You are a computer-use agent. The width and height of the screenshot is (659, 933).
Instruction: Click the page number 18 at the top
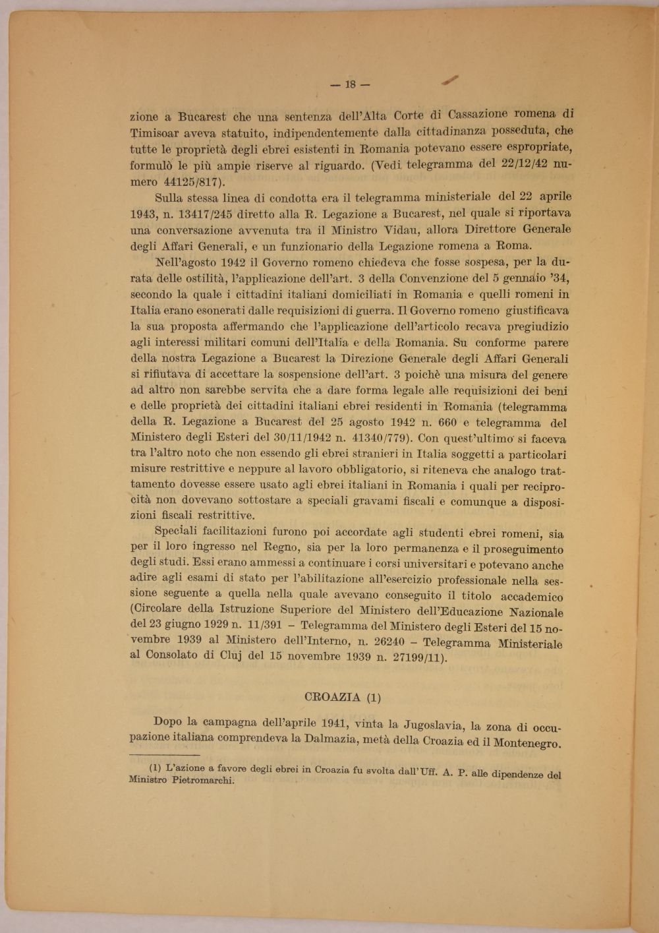tap(349, 84)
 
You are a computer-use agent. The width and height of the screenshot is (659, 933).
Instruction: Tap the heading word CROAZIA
tap(333, 697)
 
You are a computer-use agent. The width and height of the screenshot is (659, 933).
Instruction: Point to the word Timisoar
tap(156, 133)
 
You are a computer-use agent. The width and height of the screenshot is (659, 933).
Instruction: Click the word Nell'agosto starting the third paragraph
tap(184, 262)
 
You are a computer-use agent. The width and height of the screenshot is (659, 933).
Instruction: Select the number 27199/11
tap(418, 657)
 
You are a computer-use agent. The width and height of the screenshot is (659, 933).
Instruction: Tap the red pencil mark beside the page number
tap(451, 80)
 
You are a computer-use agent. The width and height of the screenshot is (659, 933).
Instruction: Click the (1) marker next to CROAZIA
tap(373, 698)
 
